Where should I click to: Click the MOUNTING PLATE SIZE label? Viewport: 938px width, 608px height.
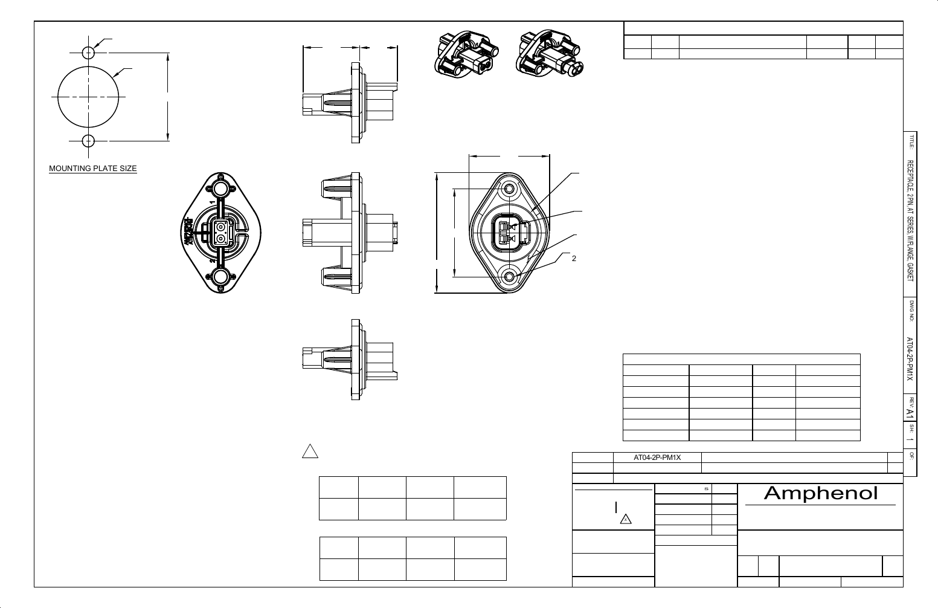(93, 168)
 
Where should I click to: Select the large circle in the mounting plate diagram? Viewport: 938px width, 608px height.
(89, 97)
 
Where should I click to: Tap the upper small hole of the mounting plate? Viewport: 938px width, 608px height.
(89, 52)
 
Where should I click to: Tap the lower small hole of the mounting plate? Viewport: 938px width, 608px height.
(89, 141)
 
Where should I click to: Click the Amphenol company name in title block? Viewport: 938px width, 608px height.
(820, 493)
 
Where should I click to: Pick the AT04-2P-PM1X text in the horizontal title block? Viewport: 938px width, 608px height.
(657, 458)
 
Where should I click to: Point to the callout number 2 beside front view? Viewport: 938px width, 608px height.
(574, 259)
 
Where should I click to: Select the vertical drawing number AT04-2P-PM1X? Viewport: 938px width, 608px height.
(910, 358)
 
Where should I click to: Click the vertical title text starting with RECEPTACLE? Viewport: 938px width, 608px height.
(910, 221)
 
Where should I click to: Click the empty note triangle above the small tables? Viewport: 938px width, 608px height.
(309, 451)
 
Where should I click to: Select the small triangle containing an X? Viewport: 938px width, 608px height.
(626, 519)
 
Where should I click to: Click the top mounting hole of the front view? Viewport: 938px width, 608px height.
(509, 189)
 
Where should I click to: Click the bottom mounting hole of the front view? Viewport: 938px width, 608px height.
(509, 276)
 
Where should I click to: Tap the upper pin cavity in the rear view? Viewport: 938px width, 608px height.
(220, 227)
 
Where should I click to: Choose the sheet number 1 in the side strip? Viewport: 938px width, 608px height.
(910, 440)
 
